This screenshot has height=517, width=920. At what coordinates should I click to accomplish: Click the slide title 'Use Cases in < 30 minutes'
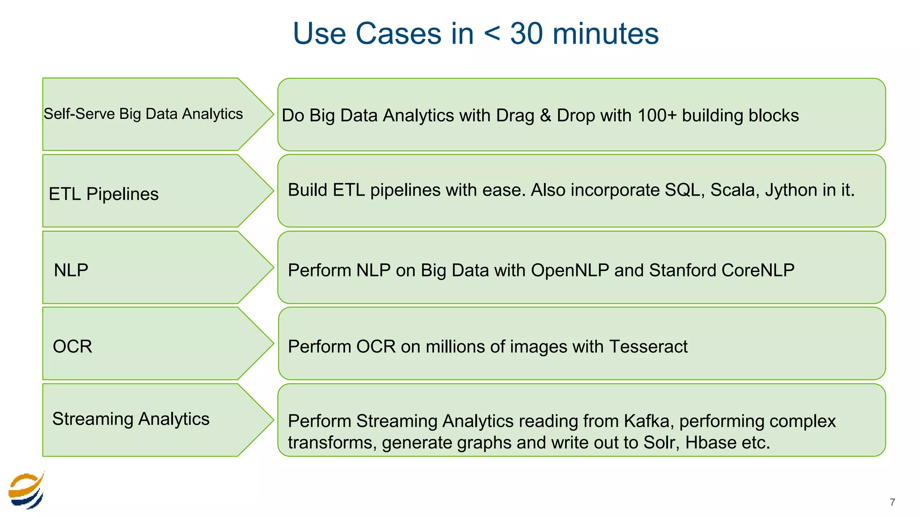click(475, 34)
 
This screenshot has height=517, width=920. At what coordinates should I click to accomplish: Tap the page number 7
click(892, 502)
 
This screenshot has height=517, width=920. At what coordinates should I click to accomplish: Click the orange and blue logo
click(27, 491)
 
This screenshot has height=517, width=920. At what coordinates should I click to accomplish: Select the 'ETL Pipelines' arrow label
click(103, 194)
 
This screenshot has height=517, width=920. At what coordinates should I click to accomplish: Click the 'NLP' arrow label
click(71, 270)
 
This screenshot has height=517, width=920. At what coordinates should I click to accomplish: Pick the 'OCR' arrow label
click(72, 346)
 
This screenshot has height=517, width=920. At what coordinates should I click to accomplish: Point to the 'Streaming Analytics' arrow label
click(131, 419)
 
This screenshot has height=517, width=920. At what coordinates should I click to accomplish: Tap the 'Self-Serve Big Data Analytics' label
click(143, 114)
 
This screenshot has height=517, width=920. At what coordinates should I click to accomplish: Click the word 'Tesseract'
click(648, 346)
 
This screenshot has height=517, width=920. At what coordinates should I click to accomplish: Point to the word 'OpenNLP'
click(570, 270)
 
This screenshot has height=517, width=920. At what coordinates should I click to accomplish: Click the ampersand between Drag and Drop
click(545, 115)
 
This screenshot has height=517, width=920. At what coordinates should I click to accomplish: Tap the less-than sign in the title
click(492, 34)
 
